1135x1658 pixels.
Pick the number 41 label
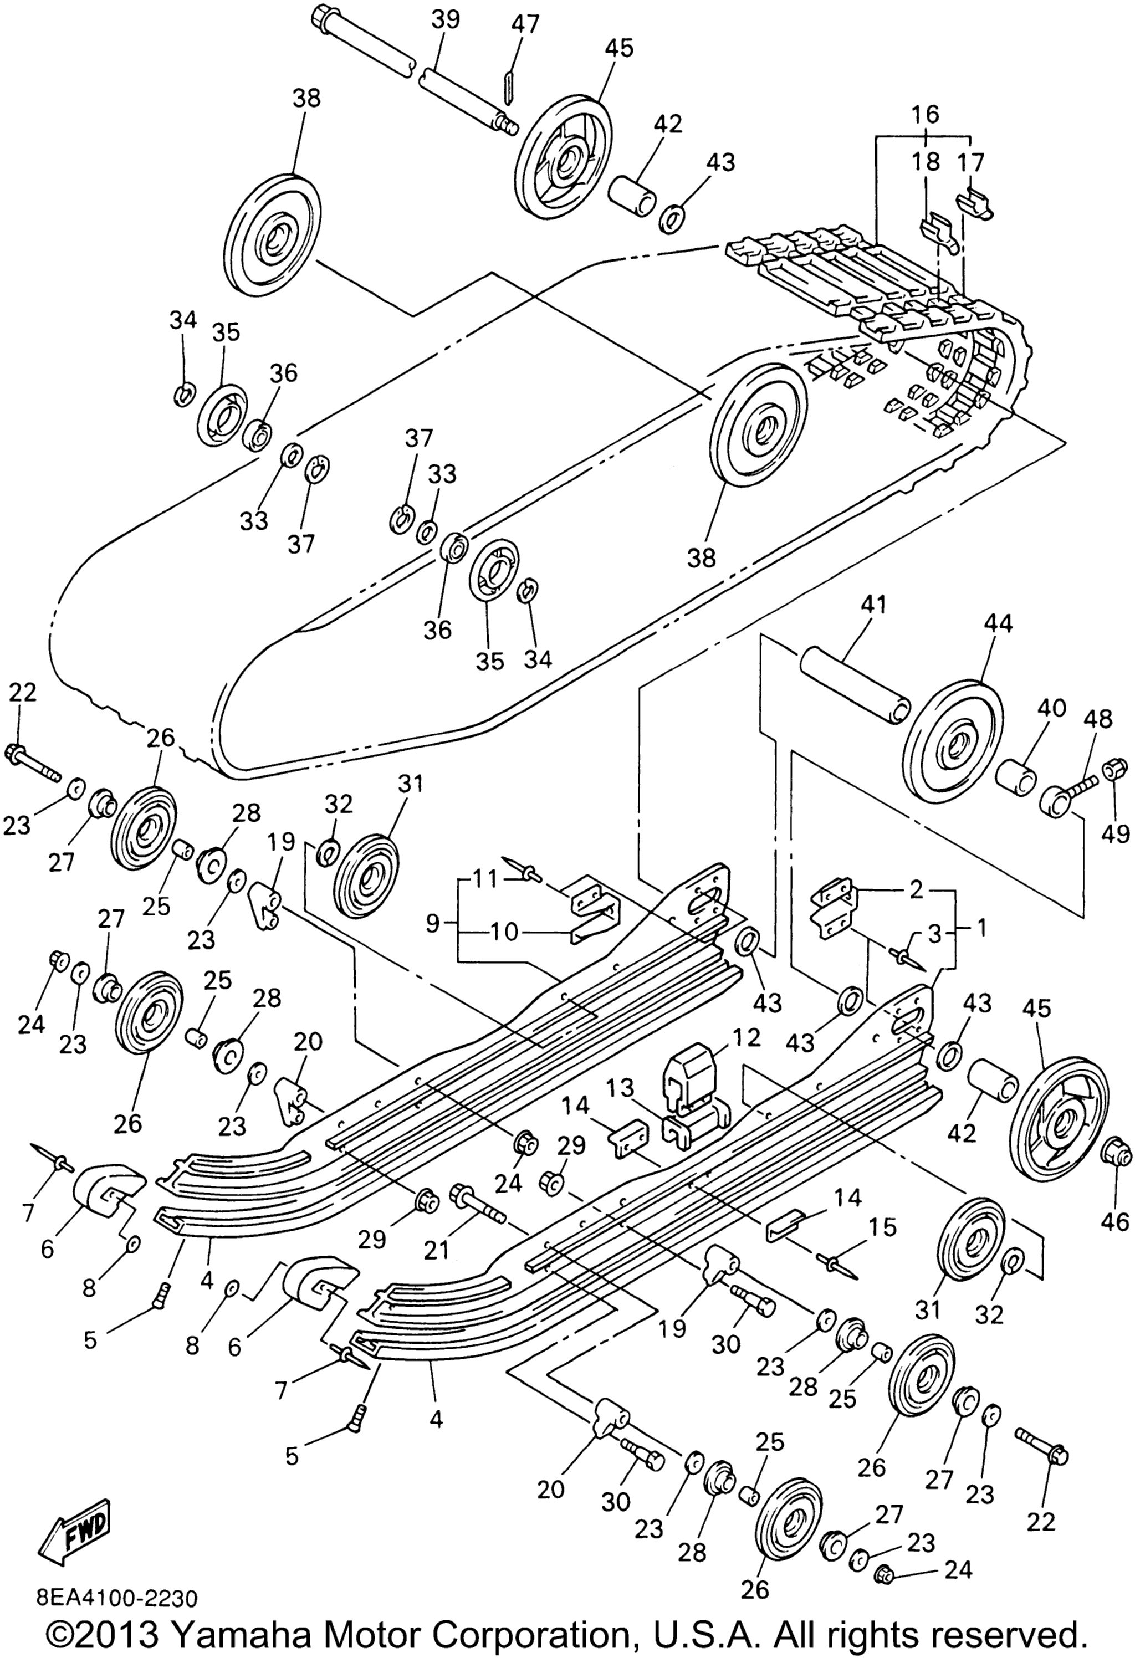click(x=874, y=606)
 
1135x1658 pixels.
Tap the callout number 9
click(x=432, y=925)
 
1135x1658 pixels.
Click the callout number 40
click(x=1051, y=708)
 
